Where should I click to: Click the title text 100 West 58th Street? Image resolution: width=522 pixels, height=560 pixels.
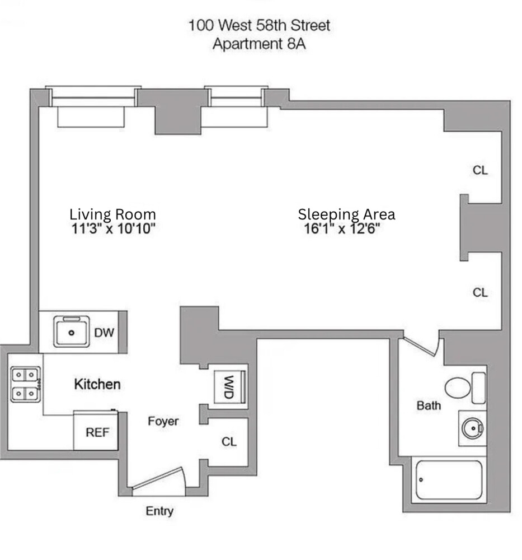(x=259, y=25)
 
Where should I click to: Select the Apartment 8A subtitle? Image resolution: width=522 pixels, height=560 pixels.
(x=259, y=44)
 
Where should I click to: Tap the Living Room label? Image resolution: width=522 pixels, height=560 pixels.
(x=112, y=214)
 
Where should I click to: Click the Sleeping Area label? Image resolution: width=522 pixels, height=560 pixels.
(x=346, y=214)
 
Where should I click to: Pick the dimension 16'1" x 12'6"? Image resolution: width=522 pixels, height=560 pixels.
(x=342, y=228)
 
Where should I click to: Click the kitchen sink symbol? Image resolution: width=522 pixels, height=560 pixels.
(x=72, y=331)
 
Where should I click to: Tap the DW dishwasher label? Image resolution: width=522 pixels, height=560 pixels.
(x=104, y=333)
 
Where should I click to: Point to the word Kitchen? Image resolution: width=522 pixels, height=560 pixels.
(x=97, y=384)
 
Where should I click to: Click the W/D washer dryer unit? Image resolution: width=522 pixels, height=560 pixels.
(x=229, y=386)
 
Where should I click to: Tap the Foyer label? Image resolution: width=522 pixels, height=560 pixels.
(x=163, y=421)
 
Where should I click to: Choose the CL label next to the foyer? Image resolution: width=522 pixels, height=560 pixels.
(x=229, y=441)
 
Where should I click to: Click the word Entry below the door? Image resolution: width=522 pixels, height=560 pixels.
(x=159, y=511)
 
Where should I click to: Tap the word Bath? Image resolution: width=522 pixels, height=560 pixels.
(x=429, y=405)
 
